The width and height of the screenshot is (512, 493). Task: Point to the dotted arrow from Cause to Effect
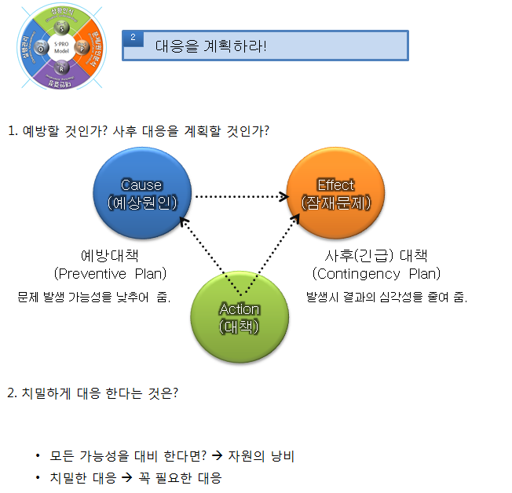(240, 196)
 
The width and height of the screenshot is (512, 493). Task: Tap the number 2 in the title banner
(133, 38)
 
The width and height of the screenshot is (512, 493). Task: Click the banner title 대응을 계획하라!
(210, 46)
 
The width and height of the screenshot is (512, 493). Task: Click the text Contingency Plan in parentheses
(376, 273)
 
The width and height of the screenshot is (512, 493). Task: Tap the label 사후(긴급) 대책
(376, 256)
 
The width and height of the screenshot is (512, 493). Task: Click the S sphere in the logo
(61, 29)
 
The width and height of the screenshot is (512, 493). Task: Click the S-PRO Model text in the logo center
(61, 48)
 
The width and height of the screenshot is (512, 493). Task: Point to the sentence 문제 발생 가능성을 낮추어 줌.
(94, 298)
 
